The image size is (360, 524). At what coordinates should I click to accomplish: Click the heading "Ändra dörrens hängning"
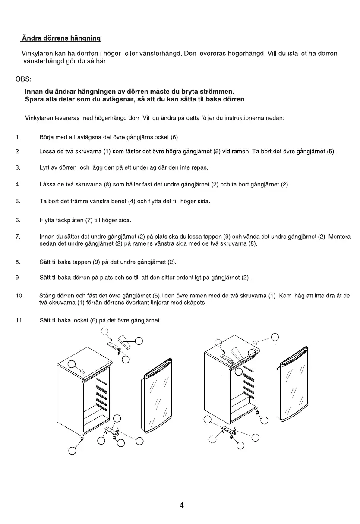point(61,38)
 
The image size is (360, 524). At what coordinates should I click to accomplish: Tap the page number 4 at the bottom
point(181,505)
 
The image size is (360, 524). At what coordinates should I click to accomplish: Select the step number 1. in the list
point(17,137)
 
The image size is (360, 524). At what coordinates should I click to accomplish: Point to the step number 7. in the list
point(17,237)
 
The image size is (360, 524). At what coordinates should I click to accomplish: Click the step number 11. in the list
point(19,320)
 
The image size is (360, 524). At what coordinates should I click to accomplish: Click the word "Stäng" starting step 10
point(47,296)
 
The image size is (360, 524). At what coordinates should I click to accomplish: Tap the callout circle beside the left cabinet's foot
point(73,451)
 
